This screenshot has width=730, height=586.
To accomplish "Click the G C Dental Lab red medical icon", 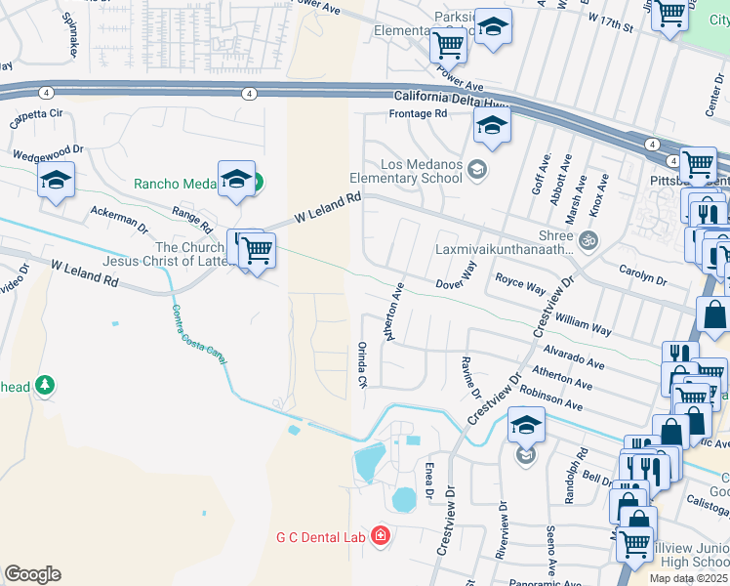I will (380, 536).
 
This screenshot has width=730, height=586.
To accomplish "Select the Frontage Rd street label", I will (418, 114).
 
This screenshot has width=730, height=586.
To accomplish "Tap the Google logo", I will (32, 574).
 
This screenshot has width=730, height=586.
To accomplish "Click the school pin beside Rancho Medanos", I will (236, 179).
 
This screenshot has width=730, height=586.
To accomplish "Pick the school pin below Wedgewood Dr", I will (56, 180).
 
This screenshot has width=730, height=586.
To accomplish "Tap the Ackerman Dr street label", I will (119, 219).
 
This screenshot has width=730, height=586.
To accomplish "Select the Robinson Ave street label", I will (551, 398).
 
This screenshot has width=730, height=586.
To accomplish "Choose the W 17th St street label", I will (611, 22).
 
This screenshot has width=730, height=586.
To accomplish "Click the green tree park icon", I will (43, 386).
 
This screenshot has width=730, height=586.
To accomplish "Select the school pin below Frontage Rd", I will (492, 125).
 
